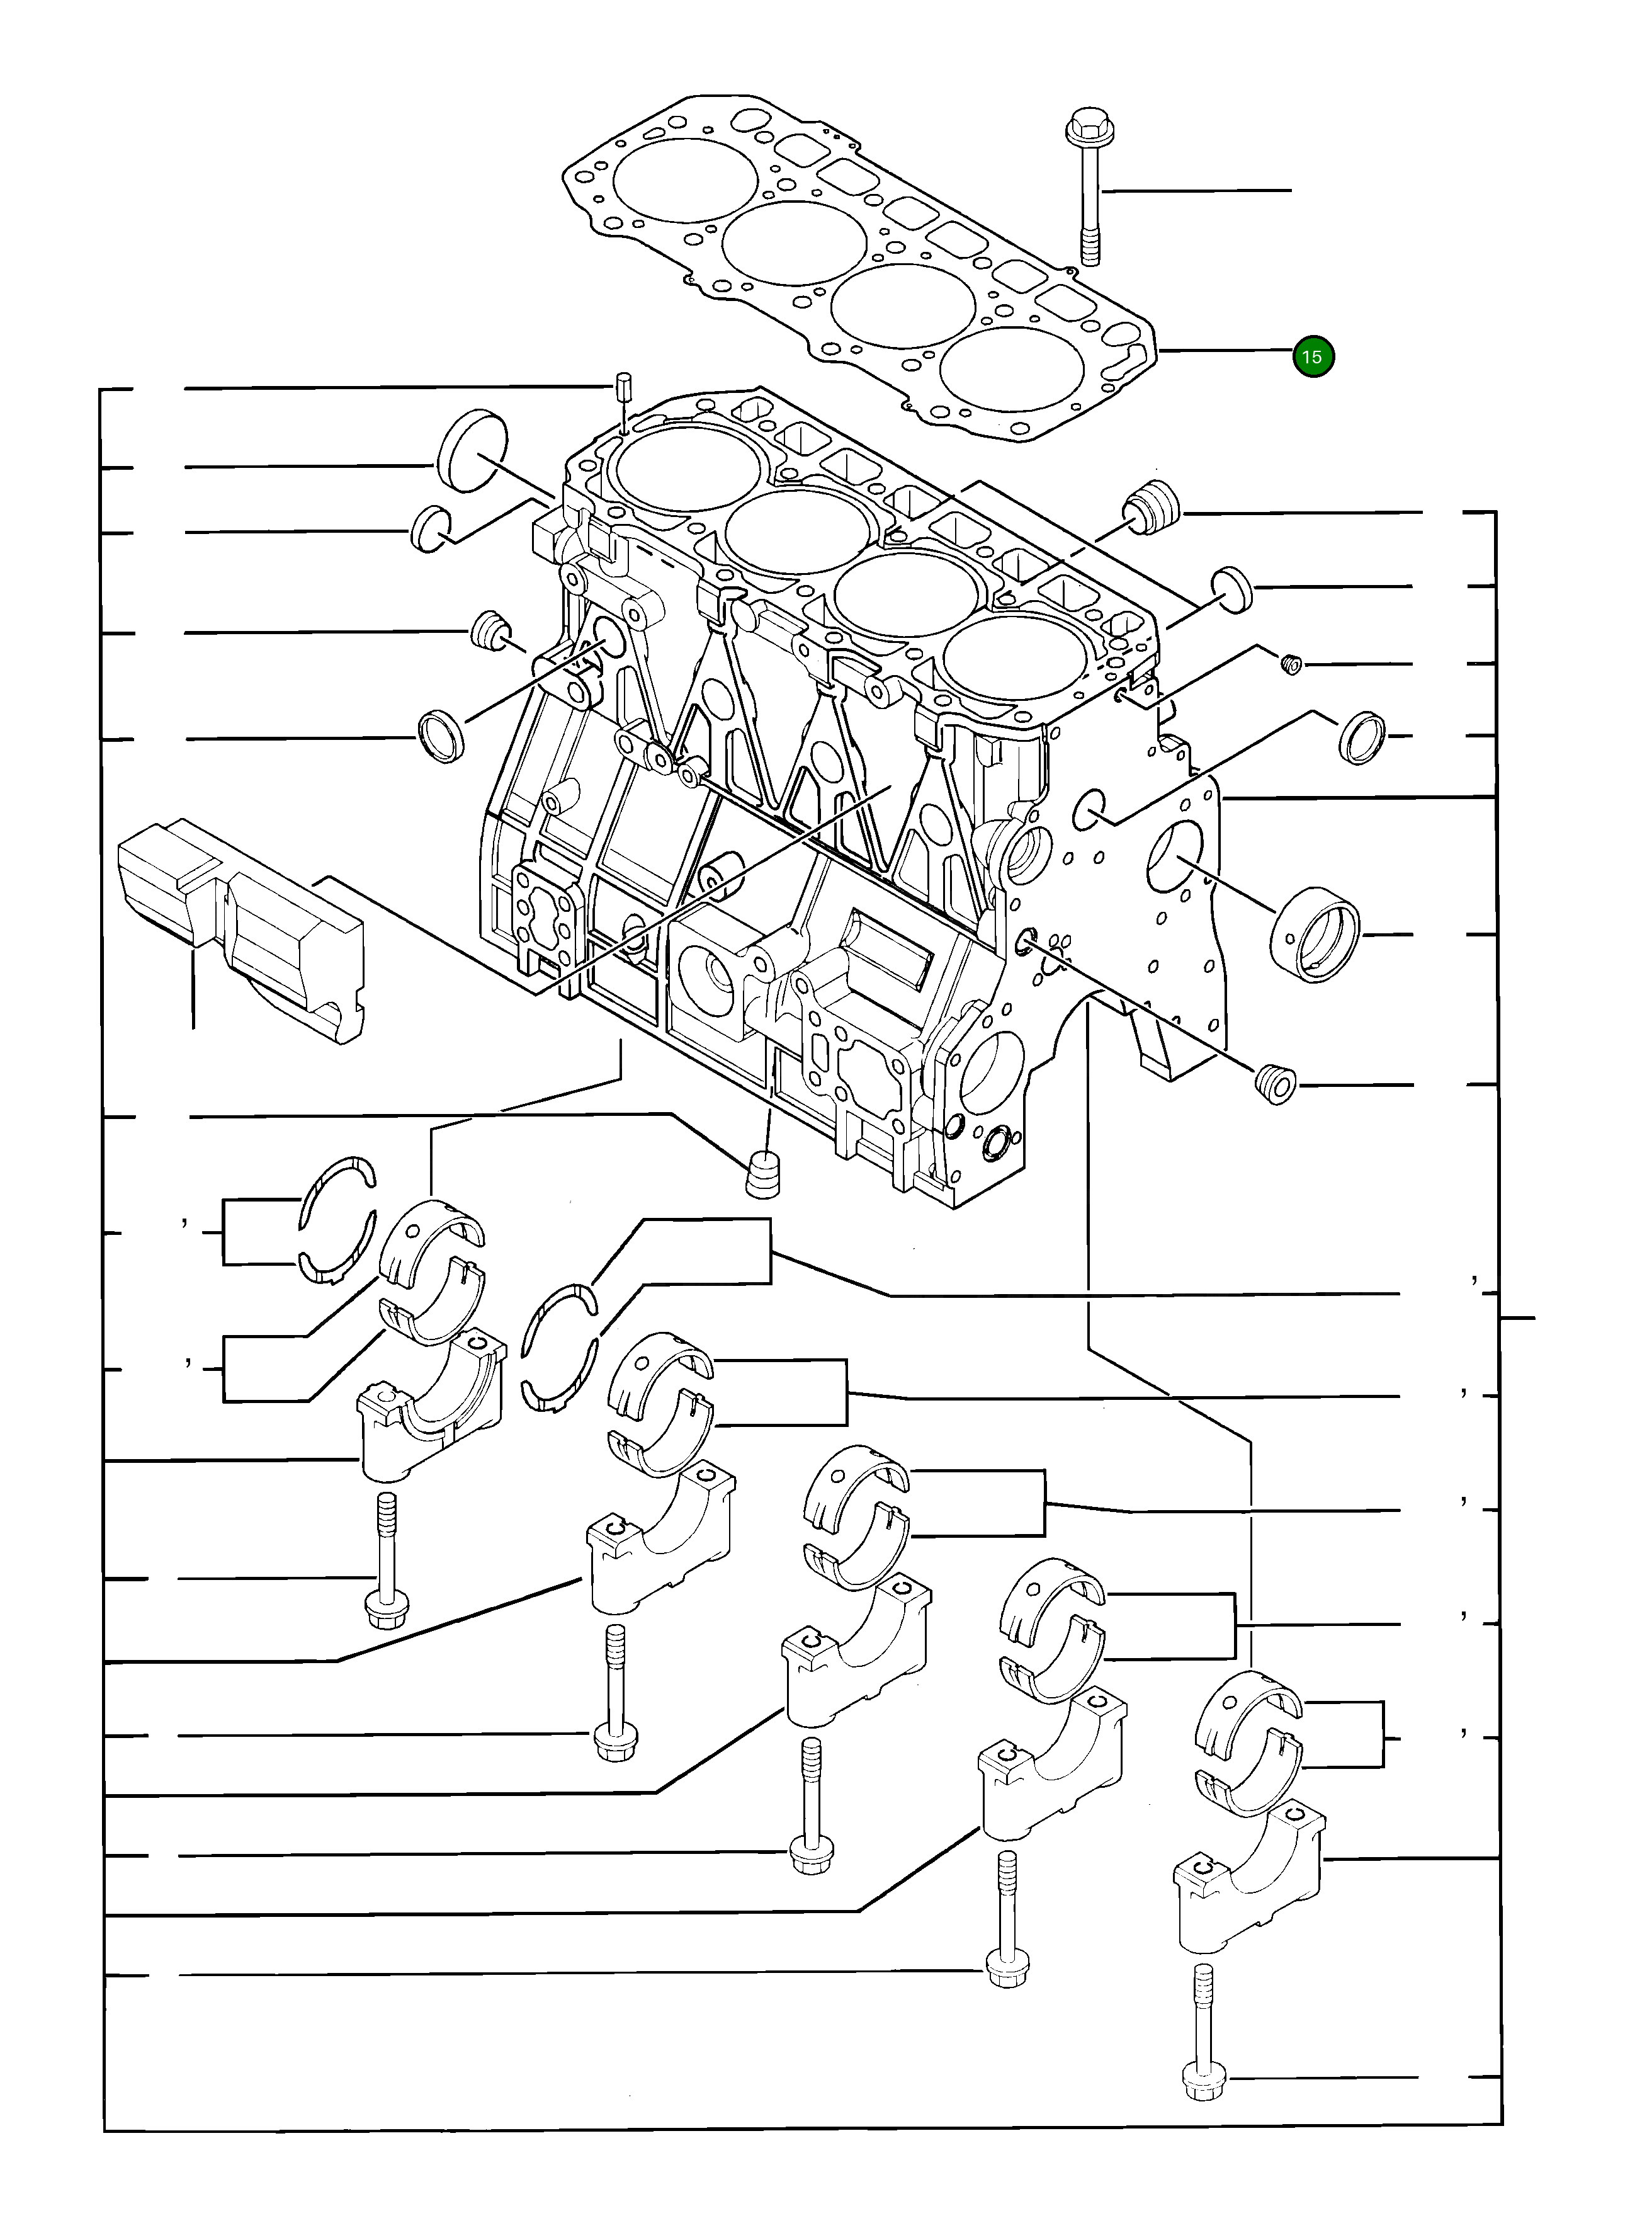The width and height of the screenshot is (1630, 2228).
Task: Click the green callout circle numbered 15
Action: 1313,356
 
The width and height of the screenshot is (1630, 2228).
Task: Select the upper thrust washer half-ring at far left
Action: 339,1192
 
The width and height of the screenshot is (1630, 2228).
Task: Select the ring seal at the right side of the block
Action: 1362,736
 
